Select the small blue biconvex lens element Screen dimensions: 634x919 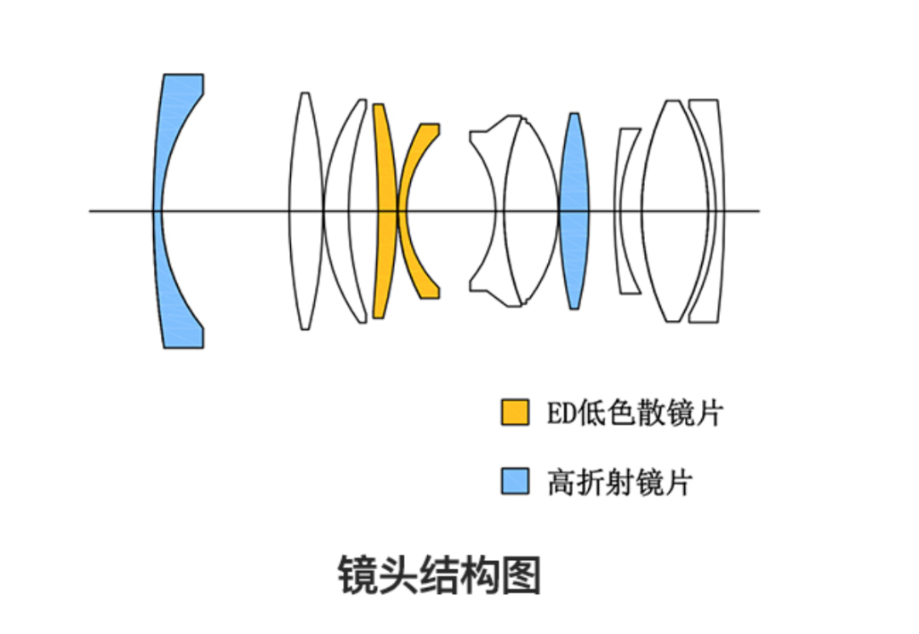[574, 210]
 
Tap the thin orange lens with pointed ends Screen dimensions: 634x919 [385, 210]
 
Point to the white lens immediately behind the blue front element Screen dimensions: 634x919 [305, 210]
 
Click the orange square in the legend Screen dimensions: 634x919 [514, 412]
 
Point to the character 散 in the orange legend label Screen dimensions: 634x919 [653, 414]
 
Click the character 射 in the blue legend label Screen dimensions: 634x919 [621, 483]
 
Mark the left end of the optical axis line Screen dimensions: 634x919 [90, 210]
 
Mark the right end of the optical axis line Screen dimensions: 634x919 [758, 210]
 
